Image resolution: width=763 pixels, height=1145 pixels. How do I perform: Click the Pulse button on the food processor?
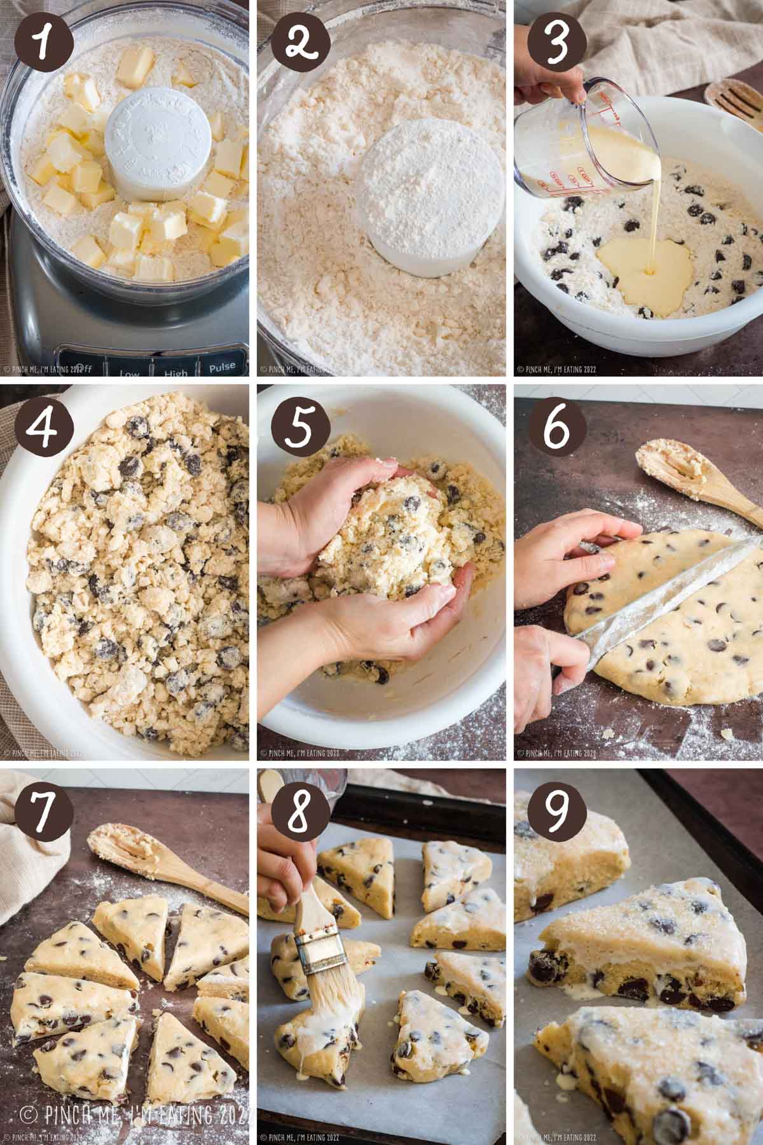click(220, 366)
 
